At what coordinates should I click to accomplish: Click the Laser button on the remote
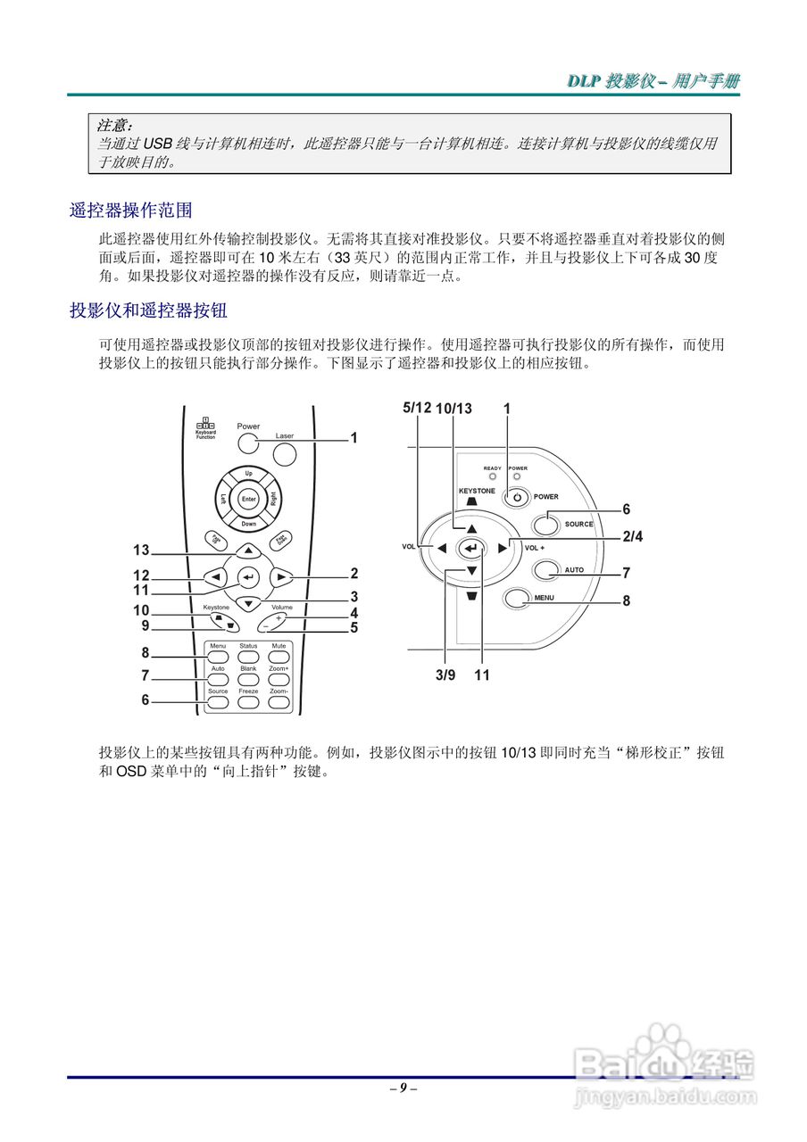[x=284, y=453]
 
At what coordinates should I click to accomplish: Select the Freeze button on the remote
[x=248, y=702]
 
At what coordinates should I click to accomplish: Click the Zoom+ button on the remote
[x=279, y=680]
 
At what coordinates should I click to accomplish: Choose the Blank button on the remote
[x=248, y=680]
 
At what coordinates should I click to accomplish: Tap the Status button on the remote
[x=248, y=657]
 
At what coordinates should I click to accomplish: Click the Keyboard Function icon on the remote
[x=205, y=427]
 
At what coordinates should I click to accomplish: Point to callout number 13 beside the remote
[x=141, y=550]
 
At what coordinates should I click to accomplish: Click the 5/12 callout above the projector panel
[x=417, y=408]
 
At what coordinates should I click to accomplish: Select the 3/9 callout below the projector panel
[x=445, y=675]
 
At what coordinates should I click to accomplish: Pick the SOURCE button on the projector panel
[x=546, y=524]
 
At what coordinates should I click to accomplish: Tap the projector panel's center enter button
[x=471, y=548]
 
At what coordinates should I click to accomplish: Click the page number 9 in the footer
[x=403, y=1088]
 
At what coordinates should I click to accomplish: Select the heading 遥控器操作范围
[x=131, y=211]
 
